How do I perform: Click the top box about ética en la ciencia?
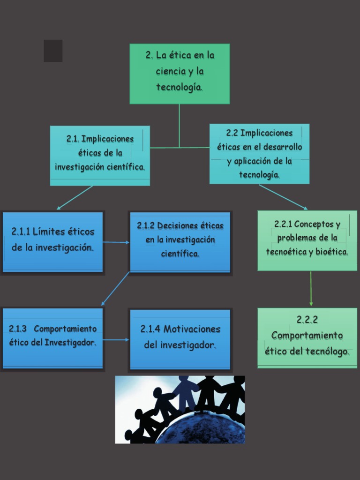click(180, 74)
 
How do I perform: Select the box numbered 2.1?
click(100, 156)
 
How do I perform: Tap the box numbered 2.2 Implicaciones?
click(259, 154)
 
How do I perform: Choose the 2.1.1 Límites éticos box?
click(52, 241)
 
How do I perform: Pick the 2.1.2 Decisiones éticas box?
click(180, 241)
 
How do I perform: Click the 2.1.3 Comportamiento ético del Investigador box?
click(52, 338)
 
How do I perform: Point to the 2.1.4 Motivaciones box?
click(180, 338)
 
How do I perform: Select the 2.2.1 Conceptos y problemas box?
click(307, 240)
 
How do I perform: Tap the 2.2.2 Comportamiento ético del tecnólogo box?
click(307, 337)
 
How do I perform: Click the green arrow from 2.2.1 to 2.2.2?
click(311, 289)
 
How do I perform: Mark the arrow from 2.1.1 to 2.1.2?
click(116, 242)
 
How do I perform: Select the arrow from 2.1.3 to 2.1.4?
click(116, 340)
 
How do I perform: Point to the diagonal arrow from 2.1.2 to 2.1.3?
click(115, 289)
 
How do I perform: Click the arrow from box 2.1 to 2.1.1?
click(75, 197)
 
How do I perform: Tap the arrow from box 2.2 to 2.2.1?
click(283, 197)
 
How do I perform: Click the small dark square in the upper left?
click(53, 51)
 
